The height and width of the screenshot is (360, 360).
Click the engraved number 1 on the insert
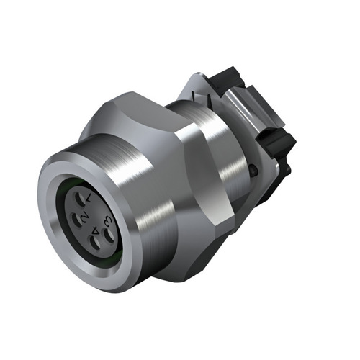[x=89, y=197]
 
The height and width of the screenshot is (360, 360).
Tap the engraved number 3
[x=107, y=220]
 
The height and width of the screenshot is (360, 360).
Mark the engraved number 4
[x=96, y=230]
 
